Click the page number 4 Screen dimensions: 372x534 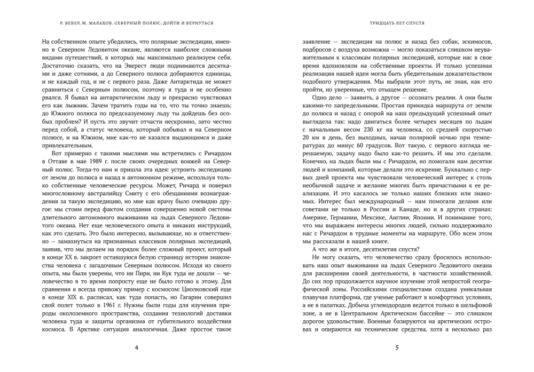[x=137, y=349]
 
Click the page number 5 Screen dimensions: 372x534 [x=397, y=349]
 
